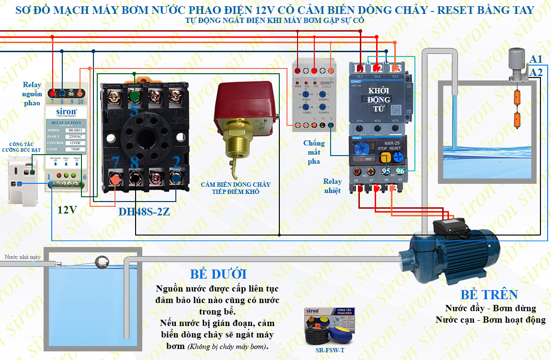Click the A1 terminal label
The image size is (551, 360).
click(x=536, y=59)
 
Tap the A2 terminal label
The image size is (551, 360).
click(x=536, y=72)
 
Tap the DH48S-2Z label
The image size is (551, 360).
click(x=144, y=211)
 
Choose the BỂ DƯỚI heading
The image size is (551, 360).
click(x=218, y=274)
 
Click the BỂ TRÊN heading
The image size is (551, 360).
click(x=489, y=294)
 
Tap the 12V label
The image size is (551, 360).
click(x=67, y=210)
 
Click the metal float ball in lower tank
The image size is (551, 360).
click(x=102, y=262)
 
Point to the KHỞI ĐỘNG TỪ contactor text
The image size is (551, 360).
click(x=379, y=99)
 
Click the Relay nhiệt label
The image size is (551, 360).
click(x=333, y=186)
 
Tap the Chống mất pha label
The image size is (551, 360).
click(x=314, y=152)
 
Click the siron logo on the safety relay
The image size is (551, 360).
click(x=63, y=111)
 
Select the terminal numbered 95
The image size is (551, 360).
click(x=386, y=171)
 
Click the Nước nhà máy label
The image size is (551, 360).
click(x=23, y=257)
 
